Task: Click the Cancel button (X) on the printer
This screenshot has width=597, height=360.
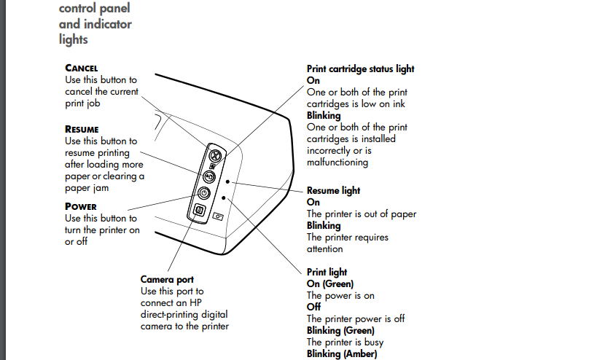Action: click(214, 154)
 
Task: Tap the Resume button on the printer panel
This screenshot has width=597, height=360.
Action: click(208, 176)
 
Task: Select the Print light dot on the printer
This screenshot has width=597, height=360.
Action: click(225, 197)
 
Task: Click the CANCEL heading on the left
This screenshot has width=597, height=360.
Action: click(81, 69)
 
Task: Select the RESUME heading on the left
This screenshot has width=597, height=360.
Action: click(82, 130)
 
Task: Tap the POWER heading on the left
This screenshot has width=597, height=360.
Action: click(80, 206)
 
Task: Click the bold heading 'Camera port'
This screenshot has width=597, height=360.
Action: click(167, 279)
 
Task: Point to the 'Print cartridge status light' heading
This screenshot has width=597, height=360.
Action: click(360, 69)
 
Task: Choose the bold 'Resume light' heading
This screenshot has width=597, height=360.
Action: click(333, 191)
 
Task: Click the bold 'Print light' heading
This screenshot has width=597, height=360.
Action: click(327, 273)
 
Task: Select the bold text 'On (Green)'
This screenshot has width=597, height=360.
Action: click(329, 284)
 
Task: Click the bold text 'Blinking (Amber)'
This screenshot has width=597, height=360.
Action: click(342, 354)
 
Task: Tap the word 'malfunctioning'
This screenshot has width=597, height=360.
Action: click(337, 163)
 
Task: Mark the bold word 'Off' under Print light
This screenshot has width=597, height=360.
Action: click(313, 308)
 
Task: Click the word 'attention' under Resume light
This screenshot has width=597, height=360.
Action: click(324, 249)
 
